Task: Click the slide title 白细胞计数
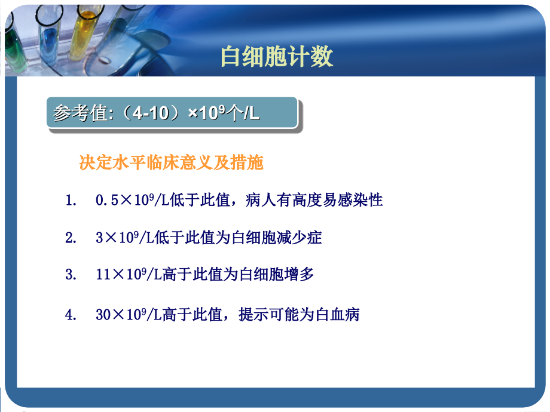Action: coord(277,57)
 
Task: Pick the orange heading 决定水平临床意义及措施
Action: coord(172,162)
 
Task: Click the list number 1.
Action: coord(71,200)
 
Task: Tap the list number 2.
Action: coord(71,238)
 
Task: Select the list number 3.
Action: coord(71,275)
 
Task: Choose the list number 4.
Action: coord(71,315)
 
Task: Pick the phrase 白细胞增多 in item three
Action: coord(277,275)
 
